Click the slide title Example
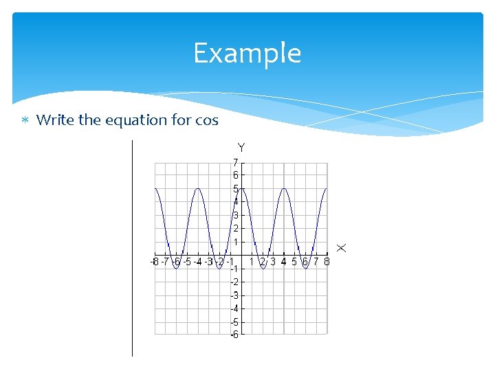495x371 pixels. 247,53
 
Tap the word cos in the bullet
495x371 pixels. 206,120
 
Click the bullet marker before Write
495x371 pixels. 24,121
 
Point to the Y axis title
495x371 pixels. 241,147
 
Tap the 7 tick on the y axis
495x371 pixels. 235,162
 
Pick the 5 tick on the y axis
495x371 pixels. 235,188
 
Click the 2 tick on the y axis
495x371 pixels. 235,228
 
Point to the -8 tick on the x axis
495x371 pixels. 155,262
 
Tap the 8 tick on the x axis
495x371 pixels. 327,262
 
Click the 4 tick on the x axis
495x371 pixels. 284,262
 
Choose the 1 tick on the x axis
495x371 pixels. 252,262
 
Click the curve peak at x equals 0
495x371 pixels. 241,188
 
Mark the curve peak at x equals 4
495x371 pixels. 284,188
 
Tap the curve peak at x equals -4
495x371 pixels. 199,188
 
